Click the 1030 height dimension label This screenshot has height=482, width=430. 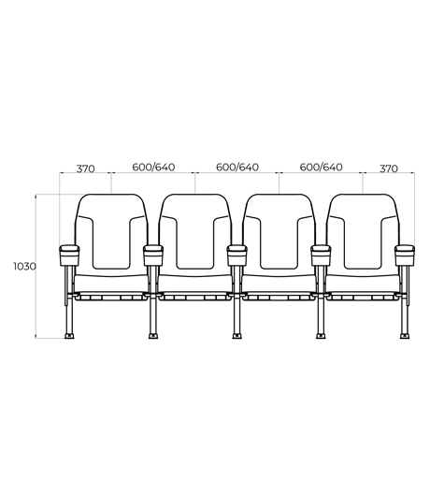(24, 267)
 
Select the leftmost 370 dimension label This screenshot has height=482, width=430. (85, 168)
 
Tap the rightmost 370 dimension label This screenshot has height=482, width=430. (389, 168)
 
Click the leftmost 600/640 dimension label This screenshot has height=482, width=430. (153, 167)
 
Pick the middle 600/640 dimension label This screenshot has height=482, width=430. (237, 167)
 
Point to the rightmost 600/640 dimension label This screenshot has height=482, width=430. (321, 167)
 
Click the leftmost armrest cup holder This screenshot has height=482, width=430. (69, 256)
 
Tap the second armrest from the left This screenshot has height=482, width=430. (153, 256)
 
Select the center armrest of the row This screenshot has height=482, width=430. (237, 256)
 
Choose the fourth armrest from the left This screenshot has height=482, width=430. (321, 256)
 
